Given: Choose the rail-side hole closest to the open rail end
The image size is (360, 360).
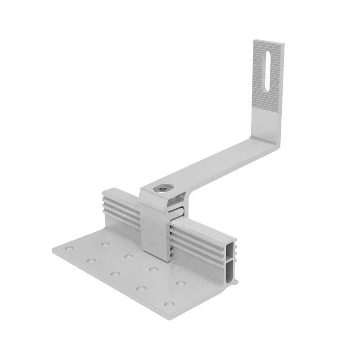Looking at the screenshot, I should (179, 284).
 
